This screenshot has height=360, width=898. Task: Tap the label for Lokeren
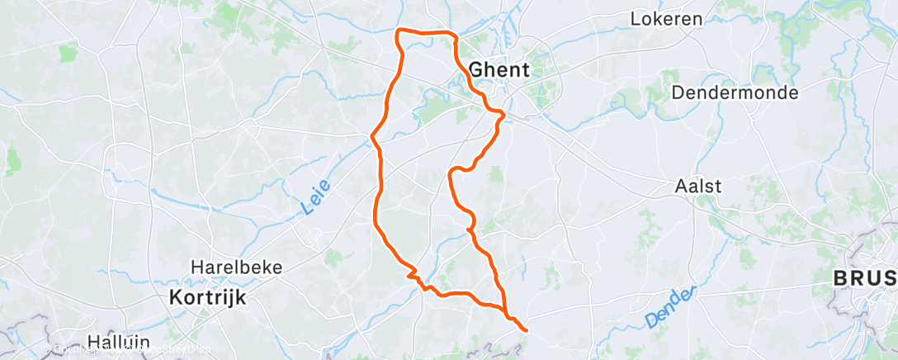coord(666,18)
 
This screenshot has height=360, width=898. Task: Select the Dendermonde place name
coord(735,92)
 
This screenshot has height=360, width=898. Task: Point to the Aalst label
coord(698,187)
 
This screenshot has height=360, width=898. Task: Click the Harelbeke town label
coord(237,268)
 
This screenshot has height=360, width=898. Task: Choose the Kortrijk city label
coord(208,297)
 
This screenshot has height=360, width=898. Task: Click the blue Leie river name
coord(306,200)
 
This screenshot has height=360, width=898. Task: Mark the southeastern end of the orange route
coord(526,330)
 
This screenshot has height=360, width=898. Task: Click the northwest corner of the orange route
coord(399,31)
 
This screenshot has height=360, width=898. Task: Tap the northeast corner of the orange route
coord(453,34)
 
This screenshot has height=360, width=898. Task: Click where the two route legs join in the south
coord(504,311)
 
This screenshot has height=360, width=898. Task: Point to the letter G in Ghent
coord(475,69)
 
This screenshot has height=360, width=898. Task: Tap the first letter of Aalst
coord(681,187)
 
